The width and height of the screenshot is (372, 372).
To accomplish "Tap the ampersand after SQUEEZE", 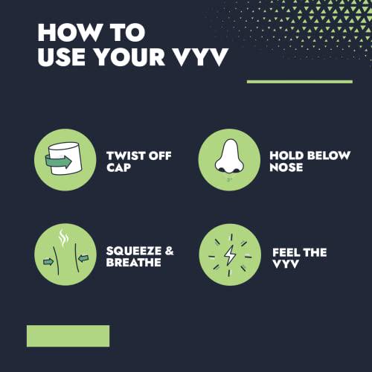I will click(x=169, y=251).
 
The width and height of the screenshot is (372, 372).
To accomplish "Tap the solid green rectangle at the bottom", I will click(x=68, y=336).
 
